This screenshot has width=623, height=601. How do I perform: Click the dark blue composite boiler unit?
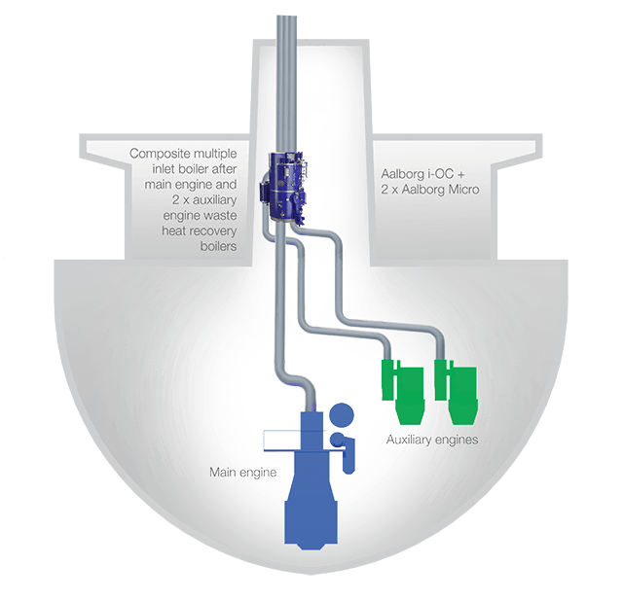tap(284, 187)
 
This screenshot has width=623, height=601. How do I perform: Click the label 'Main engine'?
tap(242, 473)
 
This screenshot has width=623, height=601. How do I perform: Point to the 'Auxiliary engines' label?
tap(432, 440)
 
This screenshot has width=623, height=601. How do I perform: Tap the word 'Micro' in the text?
tap(463, 190)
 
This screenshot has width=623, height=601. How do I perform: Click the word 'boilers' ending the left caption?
tap(218, 246)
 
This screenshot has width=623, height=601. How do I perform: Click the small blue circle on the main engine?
tap(338, 440)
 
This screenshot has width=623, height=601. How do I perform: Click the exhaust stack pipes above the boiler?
tap(286, 84)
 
